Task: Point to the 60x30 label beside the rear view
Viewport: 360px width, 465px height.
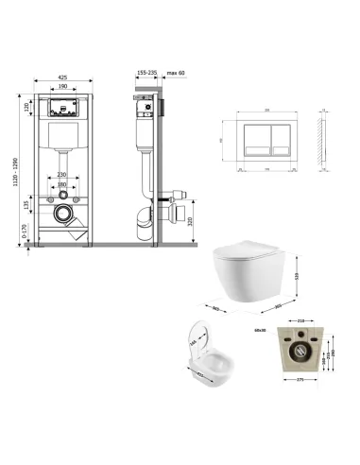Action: [259, 330]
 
